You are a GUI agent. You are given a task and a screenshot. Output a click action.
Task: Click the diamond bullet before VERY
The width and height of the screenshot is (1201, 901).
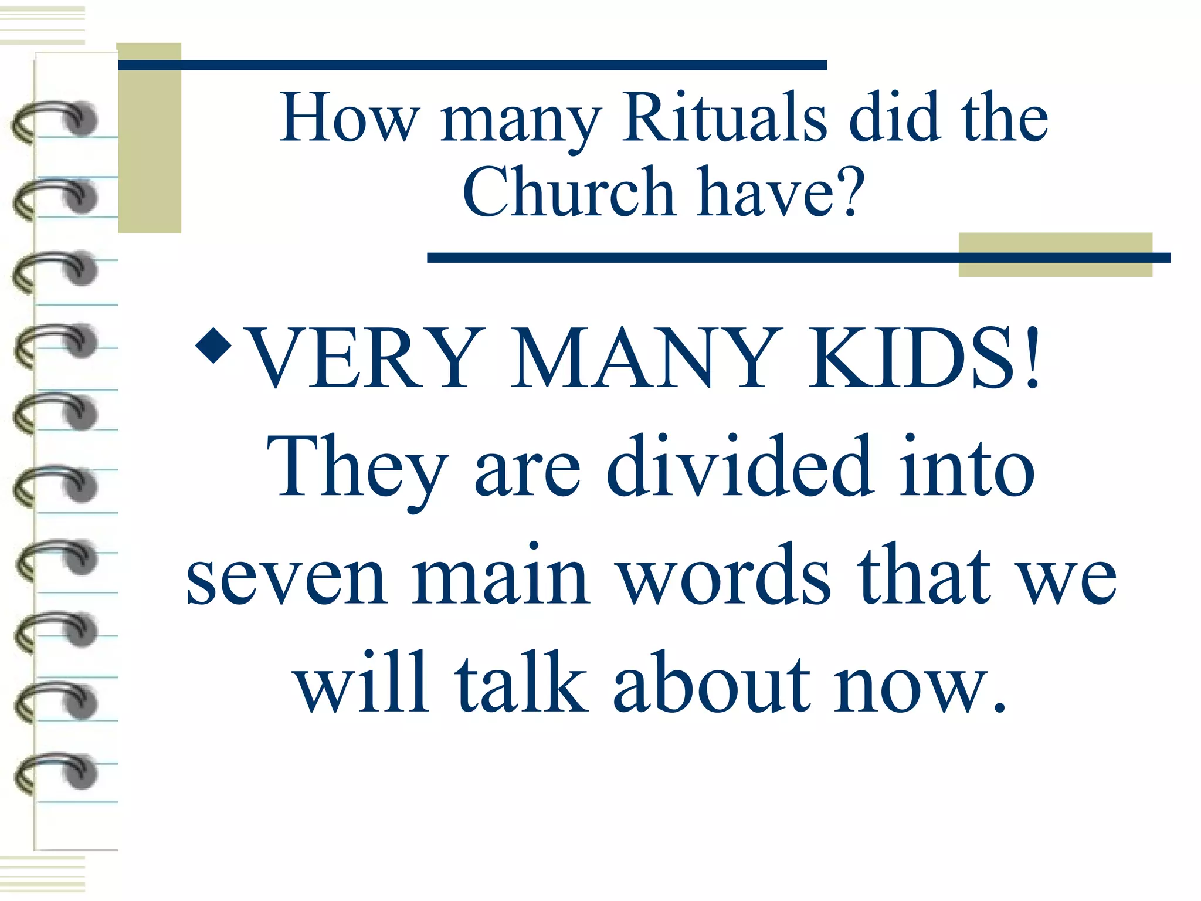coord(213,346)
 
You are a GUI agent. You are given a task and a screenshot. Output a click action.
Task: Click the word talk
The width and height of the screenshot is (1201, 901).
coord(521,683)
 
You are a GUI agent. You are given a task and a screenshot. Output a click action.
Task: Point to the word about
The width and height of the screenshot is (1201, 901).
coord(712,683)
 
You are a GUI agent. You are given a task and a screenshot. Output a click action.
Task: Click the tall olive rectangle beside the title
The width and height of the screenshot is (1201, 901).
coord(150,138)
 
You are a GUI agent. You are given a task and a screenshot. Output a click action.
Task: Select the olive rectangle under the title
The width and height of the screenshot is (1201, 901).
coord(1055,255)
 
